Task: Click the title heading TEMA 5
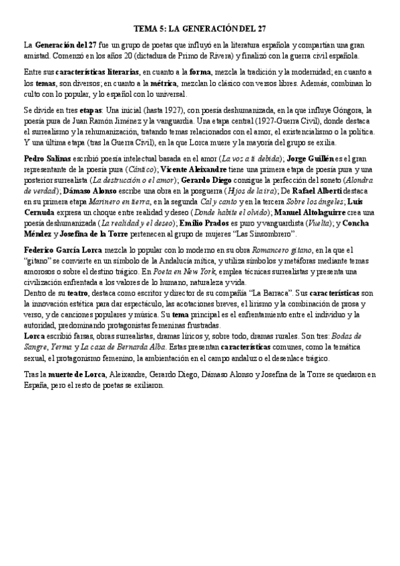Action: pyautogui.click(x=200, y=29)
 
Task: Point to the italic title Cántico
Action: pyautogui.click(x=142, y=170)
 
